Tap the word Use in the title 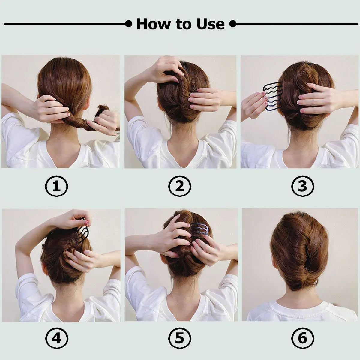point(211,24)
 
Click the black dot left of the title point(128,24)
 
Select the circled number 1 point(56,187)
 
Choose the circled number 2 point(180,187)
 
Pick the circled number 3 point(303,187)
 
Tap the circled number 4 point(56,339)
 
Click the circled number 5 point(180,339)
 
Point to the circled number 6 point(303,339)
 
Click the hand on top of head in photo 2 point(166,69)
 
